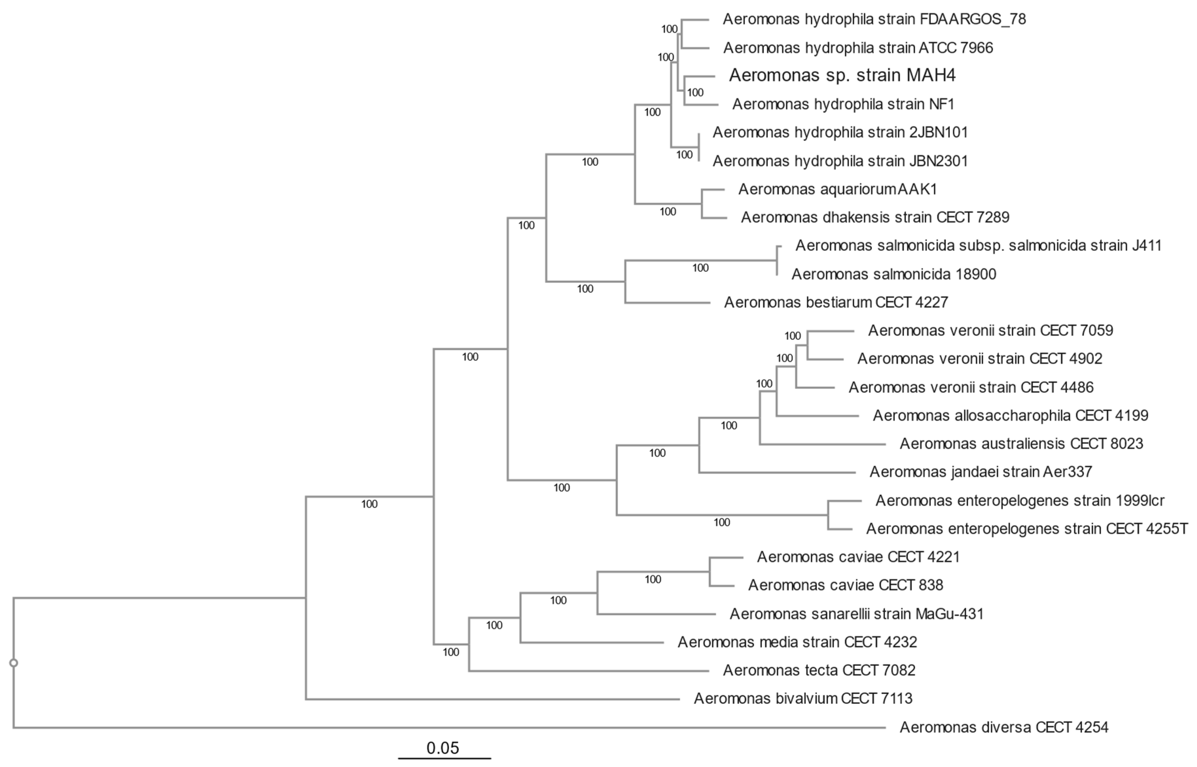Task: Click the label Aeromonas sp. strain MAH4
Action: pos(842,75)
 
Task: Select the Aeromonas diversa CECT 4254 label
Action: pos(1004,728)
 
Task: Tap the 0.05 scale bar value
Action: pos(442,748)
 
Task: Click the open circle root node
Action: pos(14,663)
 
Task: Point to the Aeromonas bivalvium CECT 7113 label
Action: pos(803,699)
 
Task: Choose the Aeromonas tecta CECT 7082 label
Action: pos(819,670)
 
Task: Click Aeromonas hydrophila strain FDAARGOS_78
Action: pos(874,19)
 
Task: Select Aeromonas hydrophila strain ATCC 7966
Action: pos(858,48)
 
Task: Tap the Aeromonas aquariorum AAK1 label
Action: pos(837,189)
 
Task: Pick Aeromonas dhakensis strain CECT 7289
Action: pos(875,218)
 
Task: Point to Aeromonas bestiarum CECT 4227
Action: pos(836,302)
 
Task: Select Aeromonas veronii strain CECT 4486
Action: pos(971,387)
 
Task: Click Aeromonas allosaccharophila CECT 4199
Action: pos(1010,415)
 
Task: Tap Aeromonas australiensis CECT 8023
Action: pos(1021,444)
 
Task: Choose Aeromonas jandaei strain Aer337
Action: pos(980,472)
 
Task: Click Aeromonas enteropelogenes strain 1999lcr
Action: pos(1020,501)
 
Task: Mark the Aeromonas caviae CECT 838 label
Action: pos(845,585)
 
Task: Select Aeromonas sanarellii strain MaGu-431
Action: pos(856,614)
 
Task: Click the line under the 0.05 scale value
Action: pos(444,758)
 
